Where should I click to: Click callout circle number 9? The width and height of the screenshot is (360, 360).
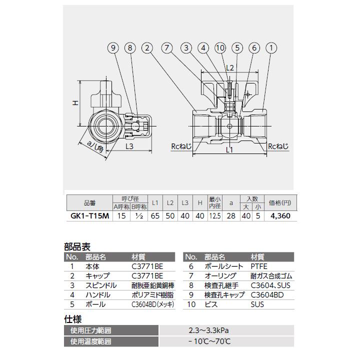click(x=113, y=48)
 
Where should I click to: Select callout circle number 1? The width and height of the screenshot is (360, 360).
click(x=271, y=48)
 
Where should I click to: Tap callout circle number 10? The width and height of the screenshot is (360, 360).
click(x=220, y=48)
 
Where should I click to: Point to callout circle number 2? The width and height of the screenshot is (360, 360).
click(x=146, y=48)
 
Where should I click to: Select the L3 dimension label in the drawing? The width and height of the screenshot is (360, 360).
click(x=129, y=146)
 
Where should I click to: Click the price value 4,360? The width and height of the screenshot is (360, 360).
click(x=280, y=216)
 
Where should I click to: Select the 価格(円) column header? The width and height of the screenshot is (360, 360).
click(x=280, y=202)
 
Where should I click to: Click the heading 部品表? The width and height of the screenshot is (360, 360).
click(x=77, y=246)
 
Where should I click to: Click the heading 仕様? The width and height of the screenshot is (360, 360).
click(x=73, y=318)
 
